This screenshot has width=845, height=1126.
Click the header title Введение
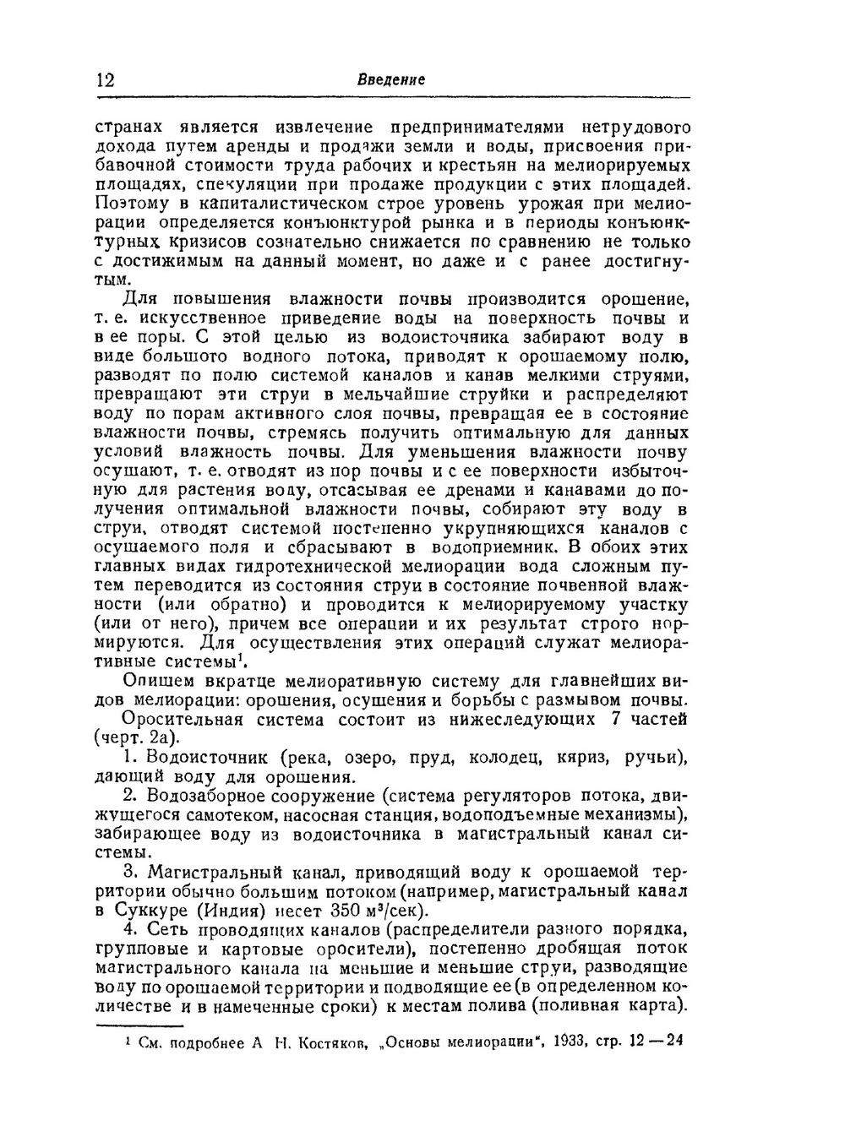pyautogui.click(x=391, y=79)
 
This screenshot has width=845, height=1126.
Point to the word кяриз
pyautogui.click(x=581, y=759)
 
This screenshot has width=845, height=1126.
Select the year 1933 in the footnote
pyautogui.click(x=575, y=1042)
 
